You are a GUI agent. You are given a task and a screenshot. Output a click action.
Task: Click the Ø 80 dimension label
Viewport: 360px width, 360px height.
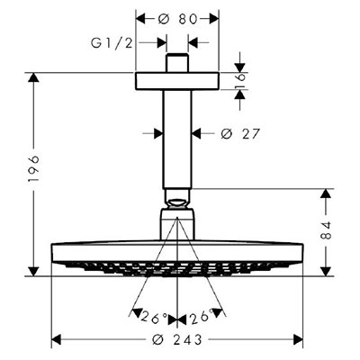(x=177, y=19)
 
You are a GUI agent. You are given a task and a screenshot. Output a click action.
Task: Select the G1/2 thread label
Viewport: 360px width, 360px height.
(x=112, y=43)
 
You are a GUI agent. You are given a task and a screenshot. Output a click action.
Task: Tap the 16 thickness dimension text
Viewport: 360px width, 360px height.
(x=240, y=81)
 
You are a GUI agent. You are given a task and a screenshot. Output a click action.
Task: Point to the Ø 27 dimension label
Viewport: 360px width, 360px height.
(x=239, y=133)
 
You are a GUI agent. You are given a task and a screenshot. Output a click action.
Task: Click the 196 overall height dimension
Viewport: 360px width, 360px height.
(x=34, y=168)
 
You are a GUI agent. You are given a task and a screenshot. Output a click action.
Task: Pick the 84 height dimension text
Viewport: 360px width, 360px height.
(x=326, y=230)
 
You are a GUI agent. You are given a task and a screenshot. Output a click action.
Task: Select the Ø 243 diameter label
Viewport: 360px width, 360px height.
(x=177, y=340)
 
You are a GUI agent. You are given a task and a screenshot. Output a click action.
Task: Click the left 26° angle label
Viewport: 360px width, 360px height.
(x=154, y=318)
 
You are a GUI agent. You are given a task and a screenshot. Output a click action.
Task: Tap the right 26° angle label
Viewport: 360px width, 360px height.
(x=202, y=316)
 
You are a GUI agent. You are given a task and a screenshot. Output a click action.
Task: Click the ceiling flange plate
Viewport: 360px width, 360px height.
(x=177, y=81)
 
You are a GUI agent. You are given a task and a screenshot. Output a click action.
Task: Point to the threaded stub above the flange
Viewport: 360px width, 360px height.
(x=177, y=63)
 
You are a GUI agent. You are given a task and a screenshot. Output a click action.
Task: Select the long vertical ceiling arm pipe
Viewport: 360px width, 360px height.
(x=177, y=139)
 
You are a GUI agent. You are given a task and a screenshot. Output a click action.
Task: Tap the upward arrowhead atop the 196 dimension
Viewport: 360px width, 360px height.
(x=34, y=77)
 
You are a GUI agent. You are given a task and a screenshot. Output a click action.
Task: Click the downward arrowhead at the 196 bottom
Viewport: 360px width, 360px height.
(x=34, y=271)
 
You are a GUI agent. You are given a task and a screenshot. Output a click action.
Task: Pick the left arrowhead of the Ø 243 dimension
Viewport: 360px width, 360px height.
(x=57, y=340)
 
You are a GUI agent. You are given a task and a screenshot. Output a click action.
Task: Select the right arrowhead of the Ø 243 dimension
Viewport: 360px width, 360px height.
(x=298, y=340)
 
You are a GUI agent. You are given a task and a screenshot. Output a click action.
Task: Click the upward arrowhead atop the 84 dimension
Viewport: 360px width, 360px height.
(x=326, y=193)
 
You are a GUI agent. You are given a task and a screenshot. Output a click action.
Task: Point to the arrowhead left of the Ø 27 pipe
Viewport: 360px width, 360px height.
(x=158, y=133)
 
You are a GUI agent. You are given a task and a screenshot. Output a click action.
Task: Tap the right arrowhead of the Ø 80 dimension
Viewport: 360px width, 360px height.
(x=214, y=19)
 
